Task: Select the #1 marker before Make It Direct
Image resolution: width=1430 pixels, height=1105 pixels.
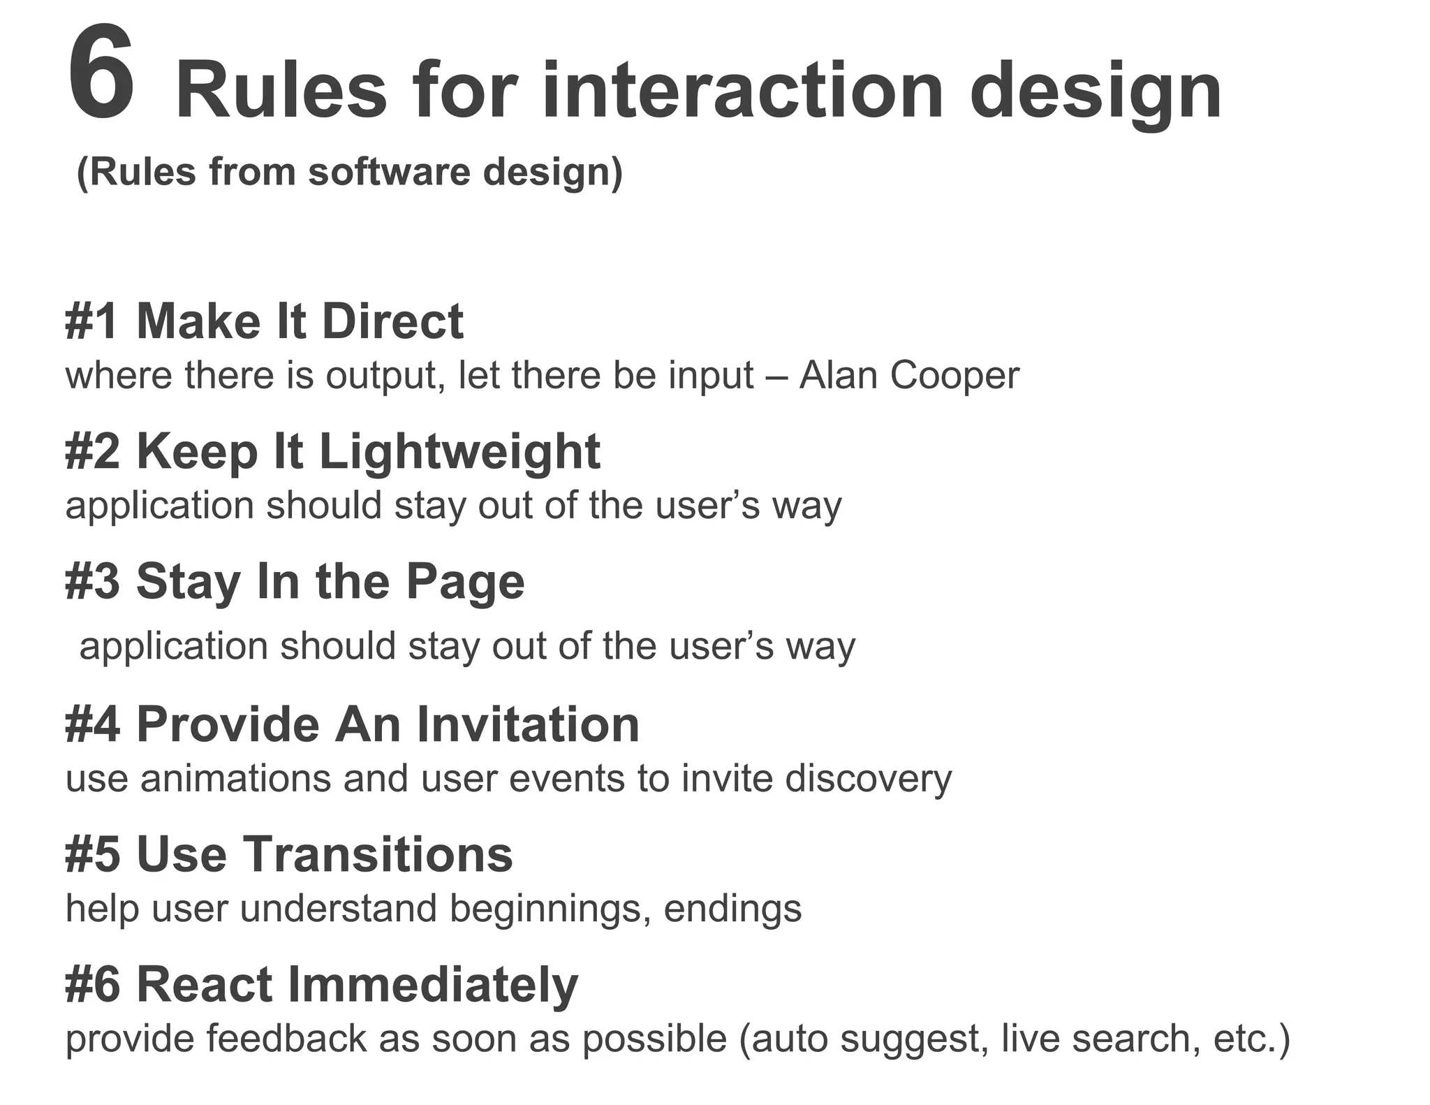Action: tap(91, 321)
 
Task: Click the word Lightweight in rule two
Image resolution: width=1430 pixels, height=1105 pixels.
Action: tap(459, 452)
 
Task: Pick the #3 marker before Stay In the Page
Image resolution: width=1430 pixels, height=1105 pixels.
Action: tap(91, 581)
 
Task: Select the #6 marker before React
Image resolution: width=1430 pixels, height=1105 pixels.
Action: tap(91, 984)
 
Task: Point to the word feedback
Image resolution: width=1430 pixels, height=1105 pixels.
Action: tap(286, 1038)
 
